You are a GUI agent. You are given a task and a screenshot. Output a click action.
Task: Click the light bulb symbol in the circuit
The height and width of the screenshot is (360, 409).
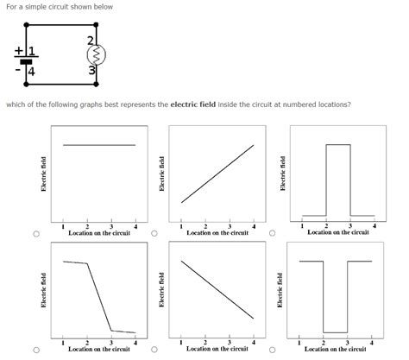coord(97,54)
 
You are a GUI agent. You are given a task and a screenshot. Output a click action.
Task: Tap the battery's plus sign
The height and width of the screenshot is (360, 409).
coord(19,51)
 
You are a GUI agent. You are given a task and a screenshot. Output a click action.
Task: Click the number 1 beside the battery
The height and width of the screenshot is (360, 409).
coord(32,51)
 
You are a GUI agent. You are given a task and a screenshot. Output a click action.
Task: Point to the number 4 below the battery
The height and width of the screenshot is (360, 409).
coord(31,72)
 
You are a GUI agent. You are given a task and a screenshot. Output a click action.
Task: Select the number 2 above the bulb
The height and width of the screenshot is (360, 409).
coord(91,41)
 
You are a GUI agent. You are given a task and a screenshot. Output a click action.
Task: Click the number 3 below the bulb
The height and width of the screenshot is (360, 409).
coord(91,70)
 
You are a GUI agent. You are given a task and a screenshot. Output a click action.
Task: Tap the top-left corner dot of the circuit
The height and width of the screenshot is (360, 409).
coord(26,25)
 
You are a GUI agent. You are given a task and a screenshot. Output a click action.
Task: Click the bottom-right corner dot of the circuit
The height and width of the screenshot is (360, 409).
coord(97,85)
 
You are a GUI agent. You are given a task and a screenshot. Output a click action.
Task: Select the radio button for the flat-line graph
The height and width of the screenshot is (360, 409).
coord(36,234)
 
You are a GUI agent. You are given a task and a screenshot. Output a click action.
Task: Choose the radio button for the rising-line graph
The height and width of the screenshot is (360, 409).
coord(154,233)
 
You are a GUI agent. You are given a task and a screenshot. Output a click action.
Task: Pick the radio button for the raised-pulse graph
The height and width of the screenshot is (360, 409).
coord(272,233)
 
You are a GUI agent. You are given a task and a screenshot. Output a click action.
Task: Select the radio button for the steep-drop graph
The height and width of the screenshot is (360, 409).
coord(36,350)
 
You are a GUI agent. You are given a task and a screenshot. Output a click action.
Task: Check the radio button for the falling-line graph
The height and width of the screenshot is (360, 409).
coord(154,350)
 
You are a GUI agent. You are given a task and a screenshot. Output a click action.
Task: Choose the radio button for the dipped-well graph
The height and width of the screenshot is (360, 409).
coord(272,350)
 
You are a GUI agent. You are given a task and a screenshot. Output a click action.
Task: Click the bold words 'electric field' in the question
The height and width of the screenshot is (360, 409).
coord(193,104)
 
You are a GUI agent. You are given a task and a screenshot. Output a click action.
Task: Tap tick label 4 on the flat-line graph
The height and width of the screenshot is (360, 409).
coord(135,227)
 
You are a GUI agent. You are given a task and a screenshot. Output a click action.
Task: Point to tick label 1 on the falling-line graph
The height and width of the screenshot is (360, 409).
coord(181,343)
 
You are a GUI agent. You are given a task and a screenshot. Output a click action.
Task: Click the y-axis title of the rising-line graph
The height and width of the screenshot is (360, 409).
coord(161,174)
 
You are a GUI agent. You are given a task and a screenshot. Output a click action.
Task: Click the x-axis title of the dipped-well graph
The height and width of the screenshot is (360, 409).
coord(336,349)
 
